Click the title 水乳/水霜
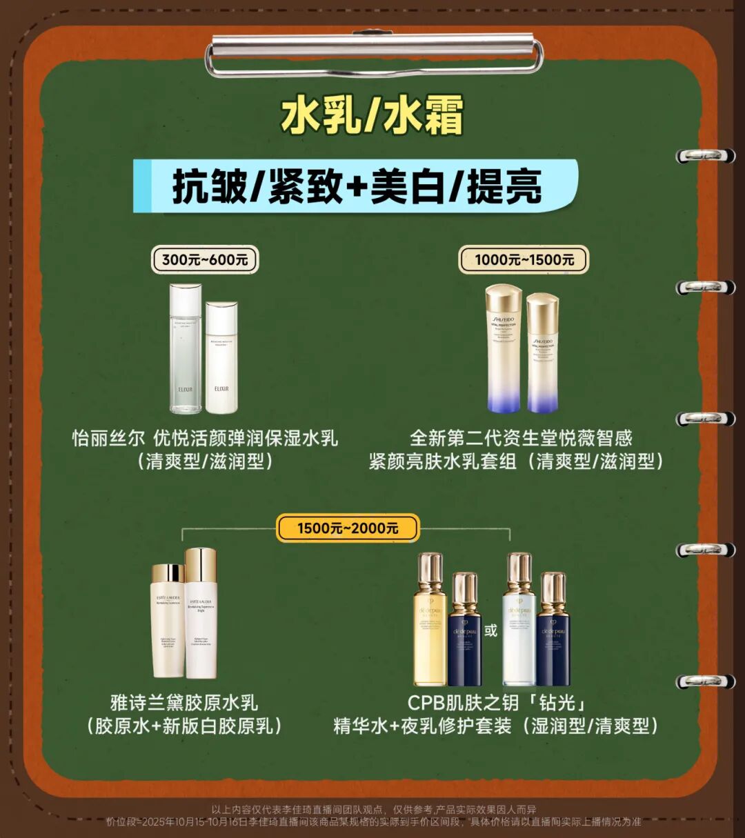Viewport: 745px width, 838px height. pos(372,115)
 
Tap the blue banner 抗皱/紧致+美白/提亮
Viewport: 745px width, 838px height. pos(356,187)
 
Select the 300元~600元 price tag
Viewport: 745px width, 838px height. pos(205,260)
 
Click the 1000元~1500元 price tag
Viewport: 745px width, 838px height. pos(524,260)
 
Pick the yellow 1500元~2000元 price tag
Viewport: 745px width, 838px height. pos(348,528)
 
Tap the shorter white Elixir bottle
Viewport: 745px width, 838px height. pos(221,358)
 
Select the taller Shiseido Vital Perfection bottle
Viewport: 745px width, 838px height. pos(504,349)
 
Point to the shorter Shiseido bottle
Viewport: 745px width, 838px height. pos(542,353)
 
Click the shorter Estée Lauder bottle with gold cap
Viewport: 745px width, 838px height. pos(168,621)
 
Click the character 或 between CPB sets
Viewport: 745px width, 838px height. pos(490,630)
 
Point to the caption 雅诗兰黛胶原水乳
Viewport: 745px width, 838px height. pos(184,703)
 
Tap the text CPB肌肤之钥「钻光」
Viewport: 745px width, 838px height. pos(497,703)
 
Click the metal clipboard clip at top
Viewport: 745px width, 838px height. pos(373,54)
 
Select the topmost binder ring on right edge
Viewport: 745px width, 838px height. pos(705,156)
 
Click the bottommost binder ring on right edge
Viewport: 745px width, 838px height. pos(705,681)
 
